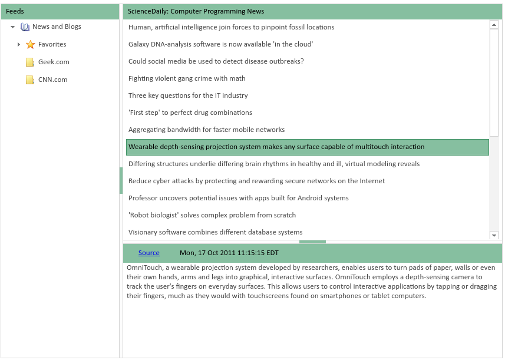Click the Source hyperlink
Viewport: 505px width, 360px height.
coord(148,253)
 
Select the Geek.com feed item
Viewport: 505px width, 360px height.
coord(53,62)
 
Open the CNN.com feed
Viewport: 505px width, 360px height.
coord(52,80)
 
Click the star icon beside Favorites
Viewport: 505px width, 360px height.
coord(31,45)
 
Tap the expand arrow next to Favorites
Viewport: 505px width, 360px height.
coord(19,45)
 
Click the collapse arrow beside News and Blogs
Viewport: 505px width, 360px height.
coord(13,27)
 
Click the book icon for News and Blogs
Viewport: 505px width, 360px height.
coord(25,27)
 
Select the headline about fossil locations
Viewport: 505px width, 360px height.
coord(231,27)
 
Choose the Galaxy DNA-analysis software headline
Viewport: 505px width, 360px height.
coord(220,44)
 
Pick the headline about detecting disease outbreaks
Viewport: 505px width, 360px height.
coord(216,61)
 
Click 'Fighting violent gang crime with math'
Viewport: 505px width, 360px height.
coord(187,78)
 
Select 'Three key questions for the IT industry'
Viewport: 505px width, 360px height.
coord(188,95)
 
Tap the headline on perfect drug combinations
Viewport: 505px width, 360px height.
coord(190,113)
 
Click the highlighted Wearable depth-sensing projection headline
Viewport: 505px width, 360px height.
coord(276,147)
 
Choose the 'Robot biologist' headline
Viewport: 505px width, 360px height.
coord(212,215)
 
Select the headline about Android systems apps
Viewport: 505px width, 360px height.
coord(239,198)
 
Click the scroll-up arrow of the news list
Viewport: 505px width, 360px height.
coord(494,25)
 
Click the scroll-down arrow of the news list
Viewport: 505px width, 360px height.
coord(494,235)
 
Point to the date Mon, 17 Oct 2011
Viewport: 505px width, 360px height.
coord(229,253)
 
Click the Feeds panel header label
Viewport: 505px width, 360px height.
coord(15,11)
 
